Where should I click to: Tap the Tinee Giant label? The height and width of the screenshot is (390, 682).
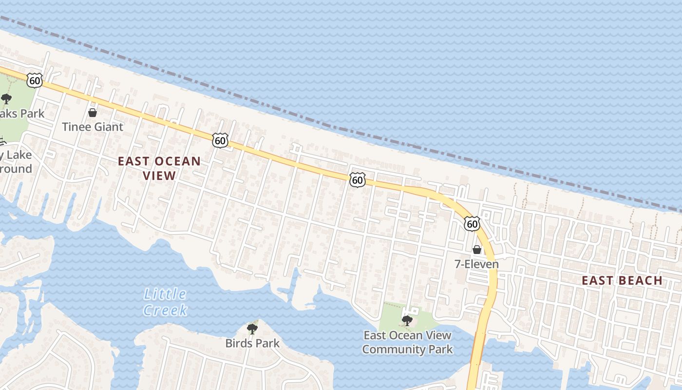pyautogui.click(x=93, y=127)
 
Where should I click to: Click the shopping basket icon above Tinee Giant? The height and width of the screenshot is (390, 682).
pyautogui.click(x=93, y=113)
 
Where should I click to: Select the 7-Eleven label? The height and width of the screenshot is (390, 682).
pyautogui.click(x=476, y=264)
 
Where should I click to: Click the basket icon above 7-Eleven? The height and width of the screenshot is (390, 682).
pyautogui.click(x=476, y=250)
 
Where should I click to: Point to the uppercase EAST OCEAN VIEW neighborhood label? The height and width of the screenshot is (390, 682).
pyautogui.click(x=159, y=168)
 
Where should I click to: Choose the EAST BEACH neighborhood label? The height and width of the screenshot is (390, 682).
pyautogui.click(x=622, y=280)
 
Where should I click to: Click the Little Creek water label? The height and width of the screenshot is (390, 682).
pyautogui.click(x=165, y=302)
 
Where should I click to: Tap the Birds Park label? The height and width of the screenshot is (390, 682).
pyautogui.click(x=252, y=343)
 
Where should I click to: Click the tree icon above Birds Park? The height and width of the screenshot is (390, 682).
pyautogui.click(x=252, y=329)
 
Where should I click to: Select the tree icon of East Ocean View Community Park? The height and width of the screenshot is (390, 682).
pyautogui.click(x=407, y=321)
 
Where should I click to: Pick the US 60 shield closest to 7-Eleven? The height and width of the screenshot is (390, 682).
pyautogui.click(x=472, y=224)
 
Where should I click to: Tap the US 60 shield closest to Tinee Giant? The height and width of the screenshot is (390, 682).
pyautogui.click(x=35, y=80)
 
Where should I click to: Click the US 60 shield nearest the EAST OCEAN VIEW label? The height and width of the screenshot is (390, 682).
pyautogui.click(x=220, y=141)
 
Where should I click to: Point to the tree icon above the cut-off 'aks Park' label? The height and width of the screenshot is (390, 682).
pyautogui.click(x=6, y=99)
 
